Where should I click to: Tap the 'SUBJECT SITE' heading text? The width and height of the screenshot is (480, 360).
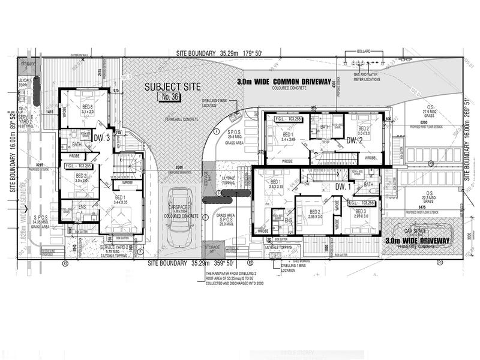[173, 86]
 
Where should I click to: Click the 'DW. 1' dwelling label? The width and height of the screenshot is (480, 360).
[343, 187]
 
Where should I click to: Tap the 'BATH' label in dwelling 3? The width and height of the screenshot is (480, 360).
[77, 145]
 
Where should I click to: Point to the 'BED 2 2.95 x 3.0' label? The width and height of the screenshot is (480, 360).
[316, 214]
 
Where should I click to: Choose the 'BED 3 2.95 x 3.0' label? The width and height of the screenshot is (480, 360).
[361, 214]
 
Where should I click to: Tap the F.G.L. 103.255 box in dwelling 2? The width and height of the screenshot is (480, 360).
[288, 119]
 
